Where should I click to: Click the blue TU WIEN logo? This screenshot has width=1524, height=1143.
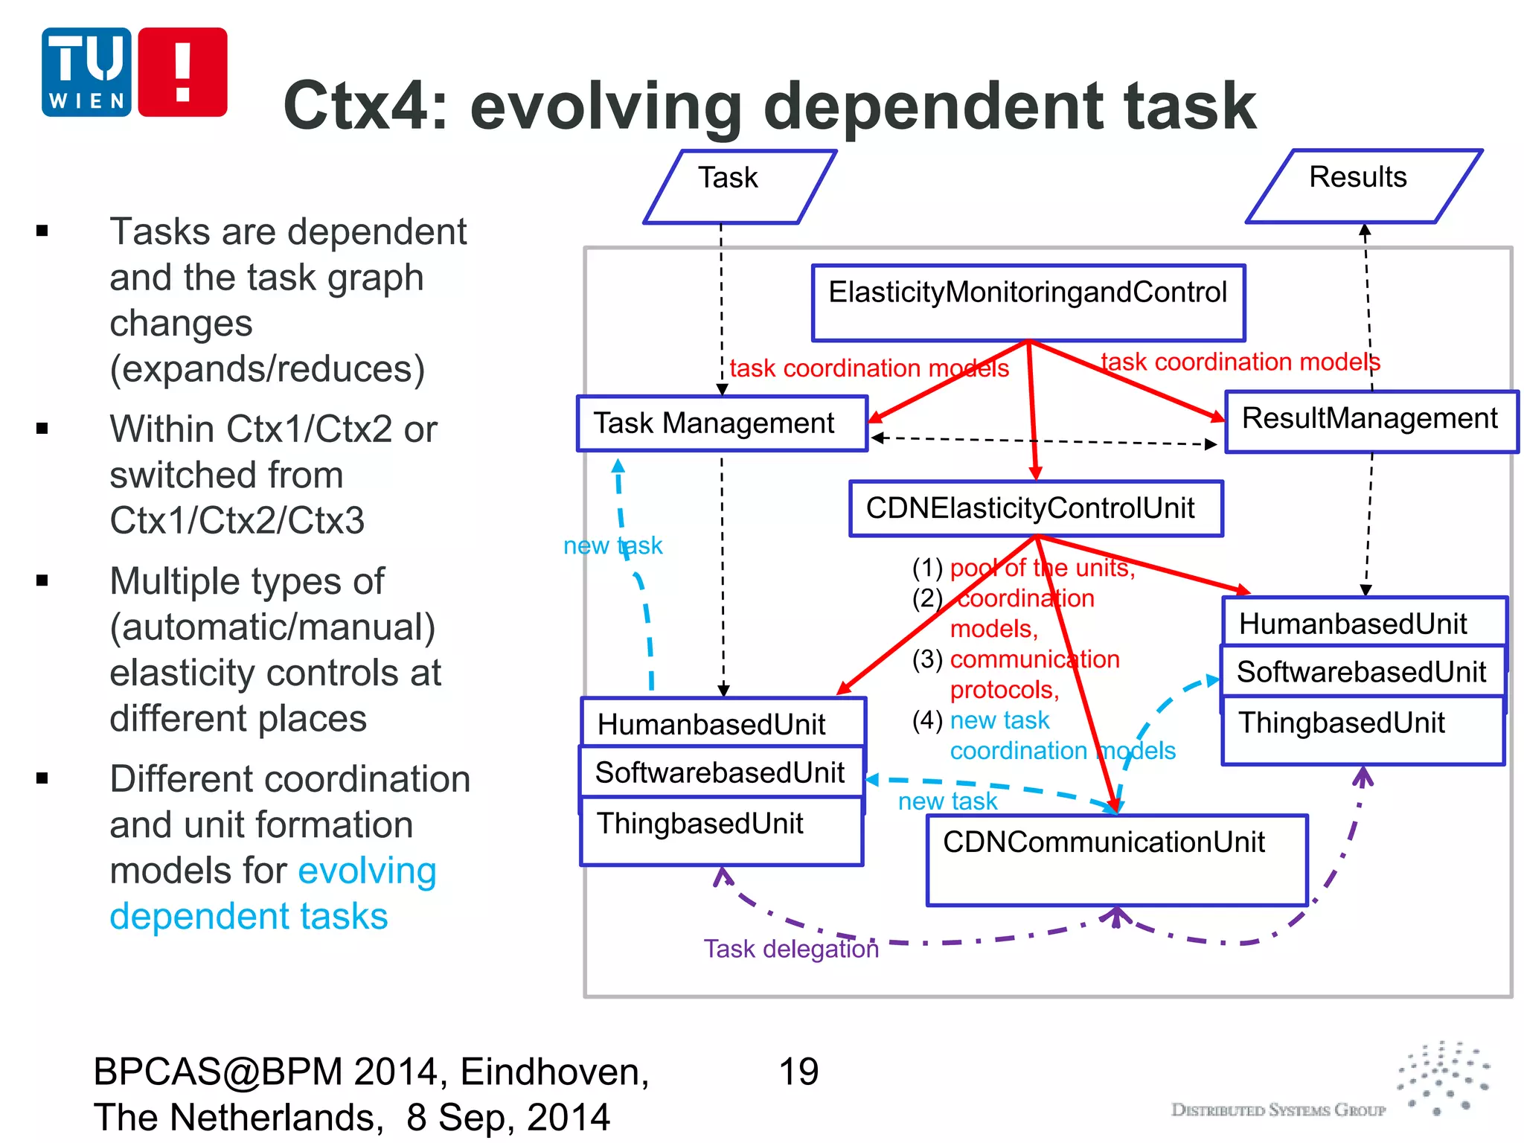[86, 72]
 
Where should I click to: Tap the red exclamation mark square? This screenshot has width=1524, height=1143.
[182, 72]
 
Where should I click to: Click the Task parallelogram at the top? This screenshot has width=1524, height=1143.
[738, 186]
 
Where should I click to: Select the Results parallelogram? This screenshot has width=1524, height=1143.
[1363, 185]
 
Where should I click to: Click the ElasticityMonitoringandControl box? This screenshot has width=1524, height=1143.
[1028, 302]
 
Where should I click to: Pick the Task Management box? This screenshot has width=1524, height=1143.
[721, 423]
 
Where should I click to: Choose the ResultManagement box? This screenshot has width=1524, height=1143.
[1370, 420]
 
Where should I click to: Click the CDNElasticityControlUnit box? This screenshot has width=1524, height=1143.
[1035, 508]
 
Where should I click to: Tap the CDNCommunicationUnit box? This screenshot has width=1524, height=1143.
[1116, 859]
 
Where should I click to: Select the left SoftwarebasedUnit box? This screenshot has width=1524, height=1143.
[720, 772]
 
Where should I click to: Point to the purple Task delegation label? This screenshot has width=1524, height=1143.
[791, 949]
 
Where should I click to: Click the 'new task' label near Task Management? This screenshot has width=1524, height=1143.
[612, 545]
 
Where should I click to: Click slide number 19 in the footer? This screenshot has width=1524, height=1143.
[798, 1072]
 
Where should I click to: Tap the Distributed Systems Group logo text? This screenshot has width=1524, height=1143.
[1278, 1110]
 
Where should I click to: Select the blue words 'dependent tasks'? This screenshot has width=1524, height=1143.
[249, 916]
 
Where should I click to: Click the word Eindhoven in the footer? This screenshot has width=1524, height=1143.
[554, 1072]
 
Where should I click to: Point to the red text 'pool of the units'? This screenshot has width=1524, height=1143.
[1042, 568]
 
